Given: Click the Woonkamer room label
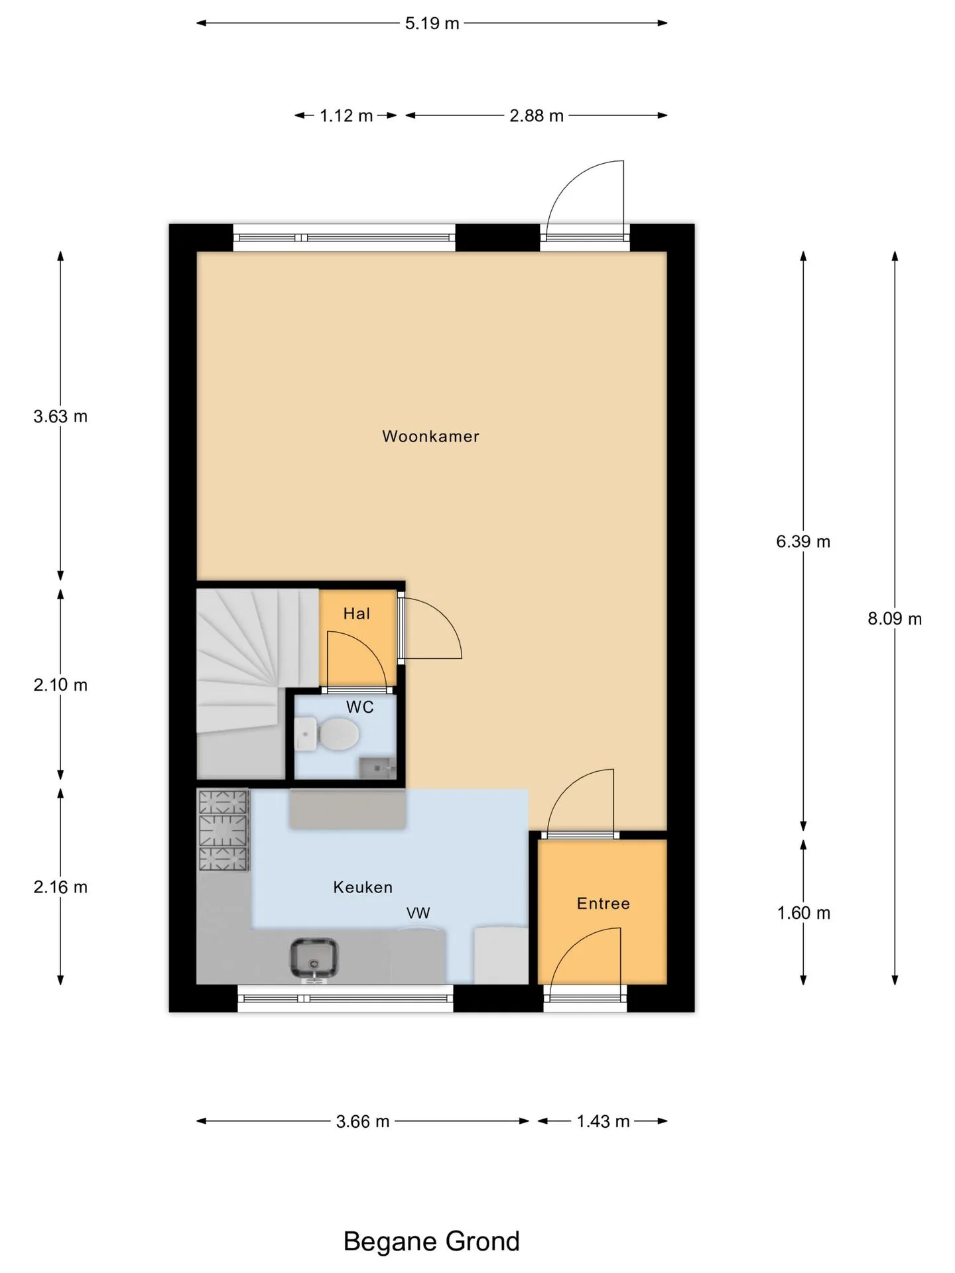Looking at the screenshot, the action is click(x=430, y=436).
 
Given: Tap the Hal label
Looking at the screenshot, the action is click(x=357, y=614).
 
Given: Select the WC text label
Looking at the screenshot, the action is click(x=360, y=707).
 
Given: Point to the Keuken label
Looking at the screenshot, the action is click(x=363, y=887).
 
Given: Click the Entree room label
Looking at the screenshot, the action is click(x=604, y=903).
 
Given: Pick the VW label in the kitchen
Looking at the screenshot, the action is click(x=418, y=913).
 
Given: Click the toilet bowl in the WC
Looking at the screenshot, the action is click(x=338, y=735).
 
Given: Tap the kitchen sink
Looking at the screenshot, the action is click(x=314, y=959).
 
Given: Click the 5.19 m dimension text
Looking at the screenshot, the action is click(x=432, y=23).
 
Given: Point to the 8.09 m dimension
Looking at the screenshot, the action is click(x=895, y=619).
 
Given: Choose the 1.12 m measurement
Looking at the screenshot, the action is click(x=346, y=116).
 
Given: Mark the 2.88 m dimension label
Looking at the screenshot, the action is click(x=537, y=116).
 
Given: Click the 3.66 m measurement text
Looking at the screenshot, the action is click(x=363, y=1121).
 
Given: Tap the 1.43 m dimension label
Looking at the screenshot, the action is click(x=603, y=1121).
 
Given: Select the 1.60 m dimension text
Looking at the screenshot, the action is click(x=804, y=913).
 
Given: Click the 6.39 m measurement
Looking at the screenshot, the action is click(x=803, y=542).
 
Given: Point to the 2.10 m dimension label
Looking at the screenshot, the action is click(x=60, y=685).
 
